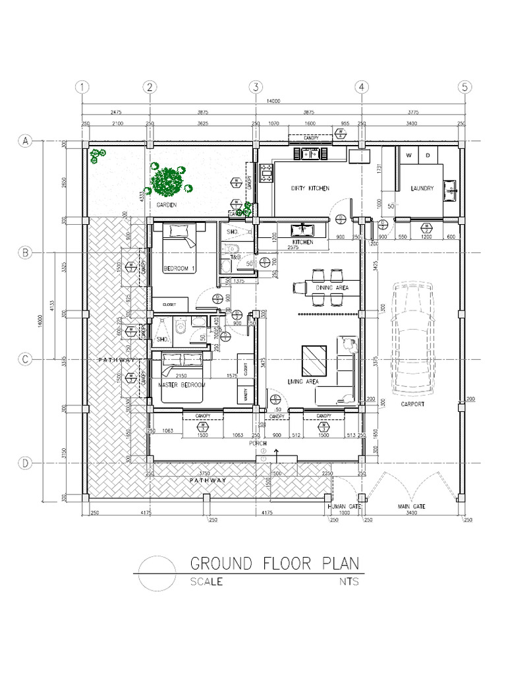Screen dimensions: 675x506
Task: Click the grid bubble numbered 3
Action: tap(256, 87)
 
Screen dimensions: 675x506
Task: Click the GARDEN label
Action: tap(167, 205)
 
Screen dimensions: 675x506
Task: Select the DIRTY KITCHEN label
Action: tap(310, 189)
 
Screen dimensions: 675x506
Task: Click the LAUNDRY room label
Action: tap(422, 189)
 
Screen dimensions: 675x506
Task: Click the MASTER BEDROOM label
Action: tap(183, 384)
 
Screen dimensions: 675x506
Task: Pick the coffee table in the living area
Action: tap(314, 360)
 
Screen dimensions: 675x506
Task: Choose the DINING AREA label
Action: tap(332, 288)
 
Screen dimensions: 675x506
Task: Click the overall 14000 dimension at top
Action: tap(273, 101)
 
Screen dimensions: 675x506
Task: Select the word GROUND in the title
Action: tap(221, 564)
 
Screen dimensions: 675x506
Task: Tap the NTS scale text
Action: tap(349, 582)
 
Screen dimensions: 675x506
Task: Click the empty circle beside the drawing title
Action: tap(155, 573)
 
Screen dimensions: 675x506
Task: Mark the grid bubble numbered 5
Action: tap(464, 87)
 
